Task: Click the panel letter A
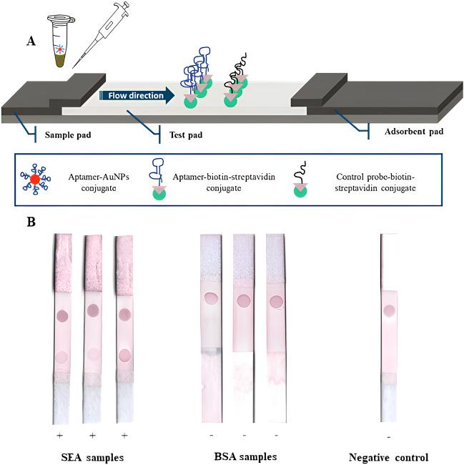(31, 41)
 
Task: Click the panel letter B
(31, 222)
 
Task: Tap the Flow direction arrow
(137, 95)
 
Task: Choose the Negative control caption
(388, 456)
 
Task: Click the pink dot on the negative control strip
(390, 310)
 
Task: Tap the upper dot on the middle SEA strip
(93, 310)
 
